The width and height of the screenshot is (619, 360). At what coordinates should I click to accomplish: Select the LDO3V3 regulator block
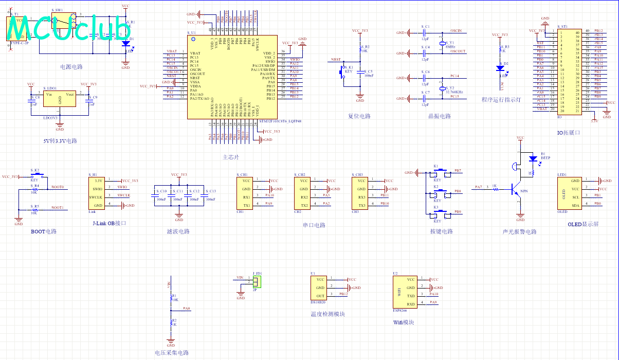60,99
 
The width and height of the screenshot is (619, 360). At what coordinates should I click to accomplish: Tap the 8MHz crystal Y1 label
451,47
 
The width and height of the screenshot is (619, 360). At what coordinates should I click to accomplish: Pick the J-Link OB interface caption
109,223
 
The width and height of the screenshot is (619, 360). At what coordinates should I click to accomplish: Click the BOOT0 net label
58,187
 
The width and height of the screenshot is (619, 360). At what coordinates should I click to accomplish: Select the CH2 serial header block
304,193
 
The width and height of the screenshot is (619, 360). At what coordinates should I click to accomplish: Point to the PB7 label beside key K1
458,170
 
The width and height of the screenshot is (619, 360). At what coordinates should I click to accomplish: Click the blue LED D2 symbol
500,68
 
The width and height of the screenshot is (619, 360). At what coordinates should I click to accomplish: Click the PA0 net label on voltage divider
186,309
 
